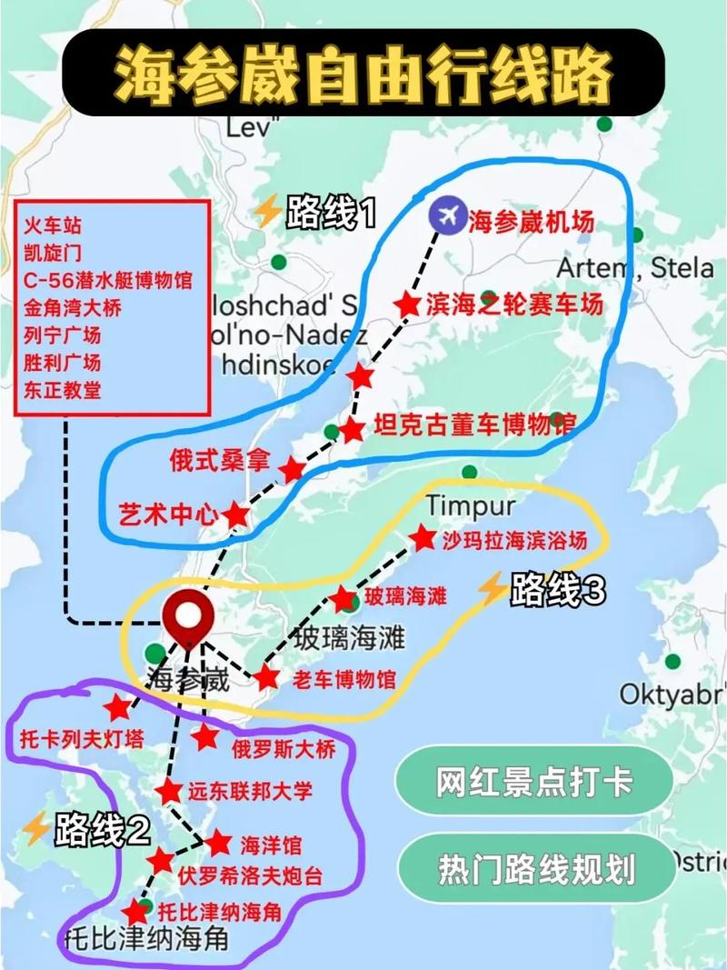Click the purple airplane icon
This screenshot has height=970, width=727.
446,215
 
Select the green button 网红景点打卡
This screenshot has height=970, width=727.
533,782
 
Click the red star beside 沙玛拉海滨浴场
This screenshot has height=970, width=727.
422,538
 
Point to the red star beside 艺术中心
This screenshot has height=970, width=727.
236,514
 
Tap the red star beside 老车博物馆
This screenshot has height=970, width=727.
266,677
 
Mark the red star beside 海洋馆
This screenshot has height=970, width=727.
218,843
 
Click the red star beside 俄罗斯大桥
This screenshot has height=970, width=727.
205,737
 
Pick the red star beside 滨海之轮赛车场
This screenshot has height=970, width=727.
408,305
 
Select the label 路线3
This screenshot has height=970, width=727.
557,591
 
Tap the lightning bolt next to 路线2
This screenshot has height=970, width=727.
36,828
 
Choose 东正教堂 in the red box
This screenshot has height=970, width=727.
63,390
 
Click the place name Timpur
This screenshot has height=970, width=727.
470,505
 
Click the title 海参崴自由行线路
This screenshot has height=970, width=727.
363,73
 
